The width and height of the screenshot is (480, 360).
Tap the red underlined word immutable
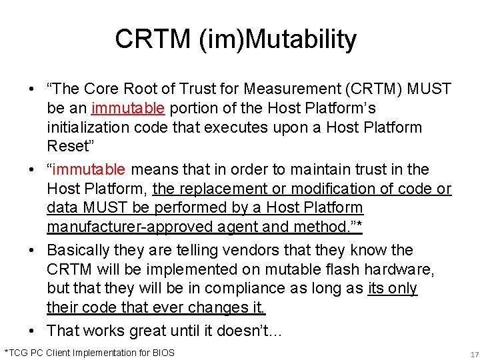coord(128,108)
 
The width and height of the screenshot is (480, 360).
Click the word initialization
coord(87,127)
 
